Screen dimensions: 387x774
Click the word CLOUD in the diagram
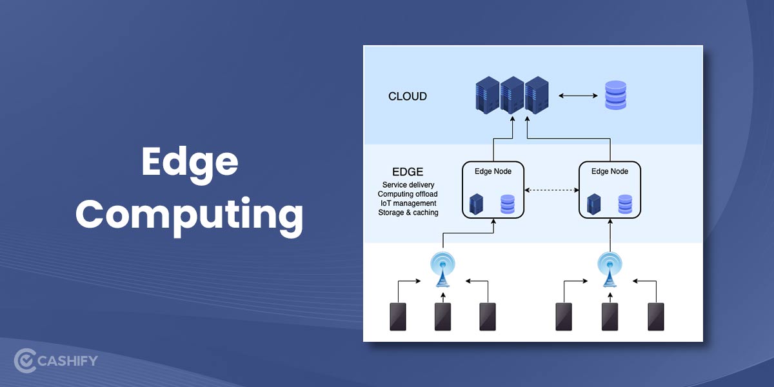pos(407,96)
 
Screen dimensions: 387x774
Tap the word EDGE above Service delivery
pos(408,172)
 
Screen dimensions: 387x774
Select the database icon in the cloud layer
pos(615,95)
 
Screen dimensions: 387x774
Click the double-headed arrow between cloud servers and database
pos(578,96)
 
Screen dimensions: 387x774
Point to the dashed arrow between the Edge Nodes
pos(551,190)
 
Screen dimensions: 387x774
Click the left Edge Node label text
pos(493,171)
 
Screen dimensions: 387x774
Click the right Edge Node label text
pos(610,171)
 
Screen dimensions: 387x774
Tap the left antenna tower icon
pos(442,268)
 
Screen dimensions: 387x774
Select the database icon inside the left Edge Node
pos(508,204)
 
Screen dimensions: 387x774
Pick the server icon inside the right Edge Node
pos(594,204)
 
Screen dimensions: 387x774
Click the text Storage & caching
pos(408,212)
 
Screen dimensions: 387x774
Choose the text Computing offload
pos(408,194)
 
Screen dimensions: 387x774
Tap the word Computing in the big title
pos(189,215)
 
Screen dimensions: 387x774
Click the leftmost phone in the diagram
pos(398,316)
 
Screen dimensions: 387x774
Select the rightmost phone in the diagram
pos(656,316)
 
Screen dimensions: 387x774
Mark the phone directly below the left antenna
pos(442,316)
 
